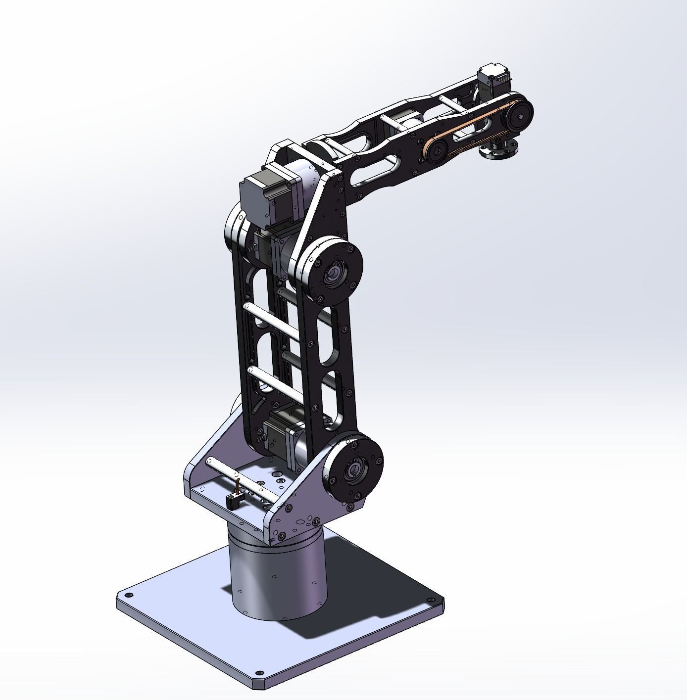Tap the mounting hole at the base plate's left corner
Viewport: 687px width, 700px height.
click(x=129, y=596)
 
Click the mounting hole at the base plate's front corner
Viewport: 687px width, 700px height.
click(x=259, y=674)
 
